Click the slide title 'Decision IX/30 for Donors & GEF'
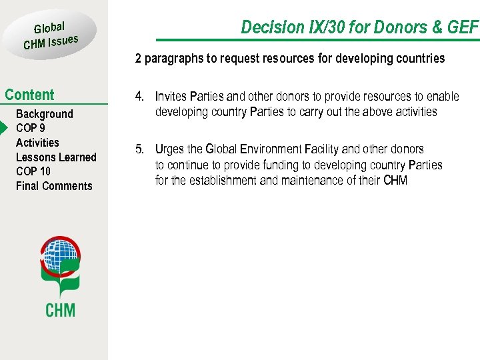359,27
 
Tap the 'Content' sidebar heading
29,95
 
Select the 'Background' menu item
44,114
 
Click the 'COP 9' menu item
30,128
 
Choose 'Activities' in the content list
37,143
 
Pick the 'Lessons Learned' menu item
56,157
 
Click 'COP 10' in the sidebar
33,171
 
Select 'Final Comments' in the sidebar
54,186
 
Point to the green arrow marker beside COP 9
4,128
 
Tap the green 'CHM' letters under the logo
60,309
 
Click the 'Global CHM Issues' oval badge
51,35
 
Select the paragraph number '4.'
140,97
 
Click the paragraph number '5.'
140,149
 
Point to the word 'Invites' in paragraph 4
171,97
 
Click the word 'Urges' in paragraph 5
169,149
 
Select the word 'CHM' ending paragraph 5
395,180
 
